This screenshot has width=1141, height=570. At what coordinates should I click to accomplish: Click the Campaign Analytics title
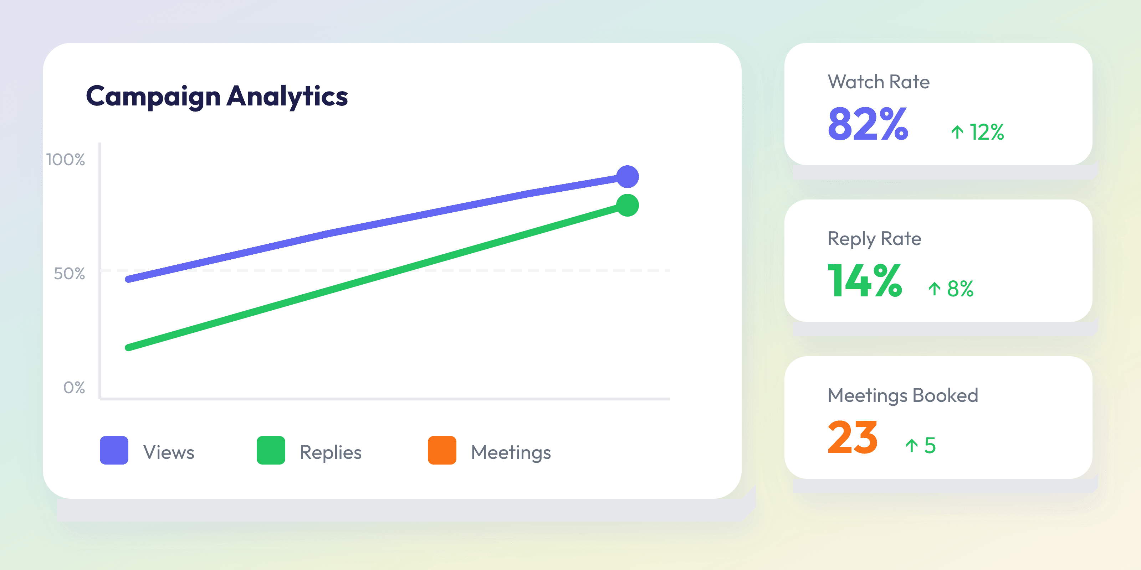216,97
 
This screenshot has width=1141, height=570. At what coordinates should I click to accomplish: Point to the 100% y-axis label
66,160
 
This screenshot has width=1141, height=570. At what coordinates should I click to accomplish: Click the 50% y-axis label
69,274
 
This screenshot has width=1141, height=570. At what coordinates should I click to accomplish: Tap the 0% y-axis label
74,388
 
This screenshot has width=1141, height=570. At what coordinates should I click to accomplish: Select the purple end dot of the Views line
627,177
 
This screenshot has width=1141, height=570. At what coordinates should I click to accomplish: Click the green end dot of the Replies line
627,205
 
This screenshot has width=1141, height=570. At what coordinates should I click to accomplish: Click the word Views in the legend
169,452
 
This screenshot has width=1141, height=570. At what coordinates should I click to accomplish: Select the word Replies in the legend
331,452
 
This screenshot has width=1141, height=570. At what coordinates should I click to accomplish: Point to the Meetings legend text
511,452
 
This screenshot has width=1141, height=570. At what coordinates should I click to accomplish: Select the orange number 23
852,438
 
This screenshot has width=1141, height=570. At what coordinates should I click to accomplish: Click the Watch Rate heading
878,82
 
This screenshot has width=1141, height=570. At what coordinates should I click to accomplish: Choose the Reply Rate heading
874,239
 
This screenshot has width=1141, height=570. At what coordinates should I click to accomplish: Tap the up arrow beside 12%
957,132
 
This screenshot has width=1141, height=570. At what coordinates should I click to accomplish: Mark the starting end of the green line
129,347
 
